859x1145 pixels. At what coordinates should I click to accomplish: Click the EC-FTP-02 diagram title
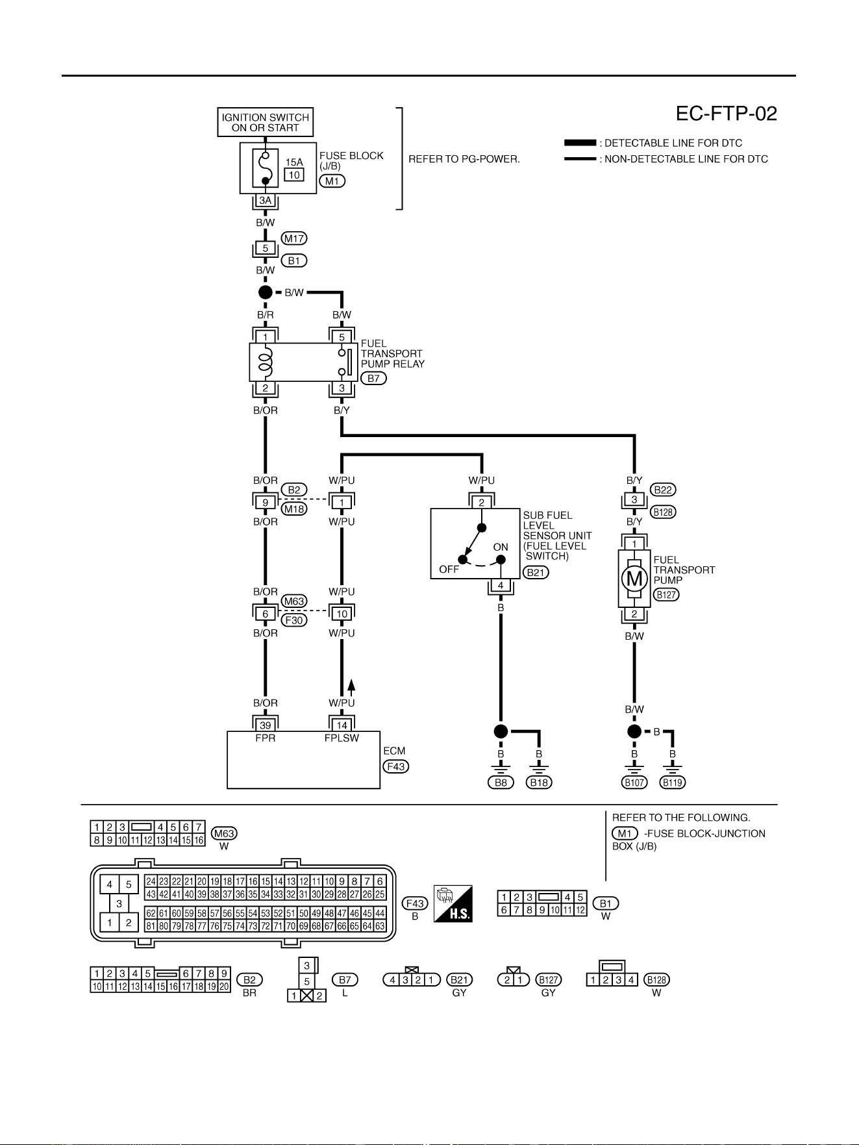[727, 114]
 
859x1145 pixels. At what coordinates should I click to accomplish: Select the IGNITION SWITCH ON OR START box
[266, 122]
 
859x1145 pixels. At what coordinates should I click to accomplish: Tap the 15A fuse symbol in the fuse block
[265, 168]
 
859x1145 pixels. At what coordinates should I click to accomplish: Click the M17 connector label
[294, 238]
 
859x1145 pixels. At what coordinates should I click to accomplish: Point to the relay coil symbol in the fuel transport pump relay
[266, 362]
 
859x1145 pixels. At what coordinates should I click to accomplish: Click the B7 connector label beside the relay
[373, 379]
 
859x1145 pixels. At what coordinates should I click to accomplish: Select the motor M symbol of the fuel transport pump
[634, 578]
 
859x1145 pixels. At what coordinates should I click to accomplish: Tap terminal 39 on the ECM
[266, 725]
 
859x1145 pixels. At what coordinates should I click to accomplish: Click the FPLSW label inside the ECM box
[342, 738]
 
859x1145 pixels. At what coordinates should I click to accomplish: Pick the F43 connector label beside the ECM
[396, 766]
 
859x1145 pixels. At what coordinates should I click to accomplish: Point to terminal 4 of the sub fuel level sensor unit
[501, 586]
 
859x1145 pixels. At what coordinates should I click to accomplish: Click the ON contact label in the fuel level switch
[501, 547]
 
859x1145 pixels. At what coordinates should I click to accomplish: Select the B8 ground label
[501, 783]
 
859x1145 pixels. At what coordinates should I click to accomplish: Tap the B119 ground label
[673, 783]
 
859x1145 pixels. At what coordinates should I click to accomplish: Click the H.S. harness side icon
[453, 903]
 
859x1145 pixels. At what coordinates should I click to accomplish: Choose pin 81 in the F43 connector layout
[151, 926]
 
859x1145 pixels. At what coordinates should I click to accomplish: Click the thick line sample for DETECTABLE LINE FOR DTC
[580, 143]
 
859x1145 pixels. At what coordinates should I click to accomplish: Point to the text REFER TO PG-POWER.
[464, 159]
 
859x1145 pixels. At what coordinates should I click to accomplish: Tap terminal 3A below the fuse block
[266, 201]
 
